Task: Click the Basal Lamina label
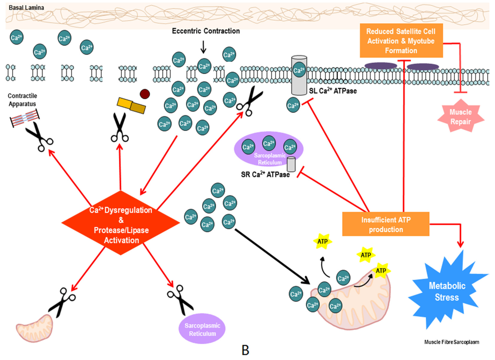click(x=27, y=8)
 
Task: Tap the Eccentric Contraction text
click(x=206, y=31)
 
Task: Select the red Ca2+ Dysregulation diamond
click(x=120, y=223)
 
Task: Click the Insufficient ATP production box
click(x=386, y=224)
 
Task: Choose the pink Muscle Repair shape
click(x=461, y=116)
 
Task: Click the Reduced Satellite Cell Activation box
click(x=401, y=41)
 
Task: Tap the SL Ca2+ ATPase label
click(x=333, y=91)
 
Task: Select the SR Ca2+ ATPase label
click(x=265, y=174)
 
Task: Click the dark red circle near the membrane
click(x=145, y=94)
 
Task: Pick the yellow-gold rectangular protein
click(x=131, y=105)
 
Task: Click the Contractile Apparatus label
click(x=22, y=100)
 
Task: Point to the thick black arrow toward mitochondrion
click(x=272, y=256)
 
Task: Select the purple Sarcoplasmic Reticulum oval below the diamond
click(x=202, y=330)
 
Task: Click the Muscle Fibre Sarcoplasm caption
click(x=451, y=342)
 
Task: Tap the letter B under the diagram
click(x=245, y=350)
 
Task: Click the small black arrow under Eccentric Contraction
click(x=204, y=47)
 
